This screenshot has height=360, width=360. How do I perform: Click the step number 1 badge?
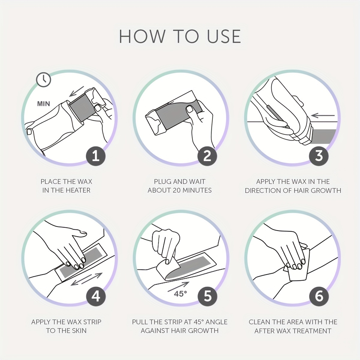(x=96, y=156)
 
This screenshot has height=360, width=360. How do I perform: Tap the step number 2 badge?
(x=207, y=156)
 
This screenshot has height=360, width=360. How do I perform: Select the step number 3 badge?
(x=319, y=156)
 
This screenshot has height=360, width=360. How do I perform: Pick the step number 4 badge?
(x=96, y=296)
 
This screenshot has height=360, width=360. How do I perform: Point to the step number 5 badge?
(x=208, y=296)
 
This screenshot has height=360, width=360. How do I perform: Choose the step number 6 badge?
(x=319, y=296)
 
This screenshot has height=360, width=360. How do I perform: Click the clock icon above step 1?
(x=43, y=80)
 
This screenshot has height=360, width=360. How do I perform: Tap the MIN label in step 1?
(x=43, y=104)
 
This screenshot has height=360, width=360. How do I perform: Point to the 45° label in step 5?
(x=180, y=294)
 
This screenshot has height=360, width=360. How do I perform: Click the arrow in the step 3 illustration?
(x=323, y=115)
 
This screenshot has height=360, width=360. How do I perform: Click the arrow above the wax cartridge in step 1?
(x=76, y=91)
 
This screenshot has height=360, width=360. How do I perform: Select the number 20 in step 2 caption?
(x=177, y=190)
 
